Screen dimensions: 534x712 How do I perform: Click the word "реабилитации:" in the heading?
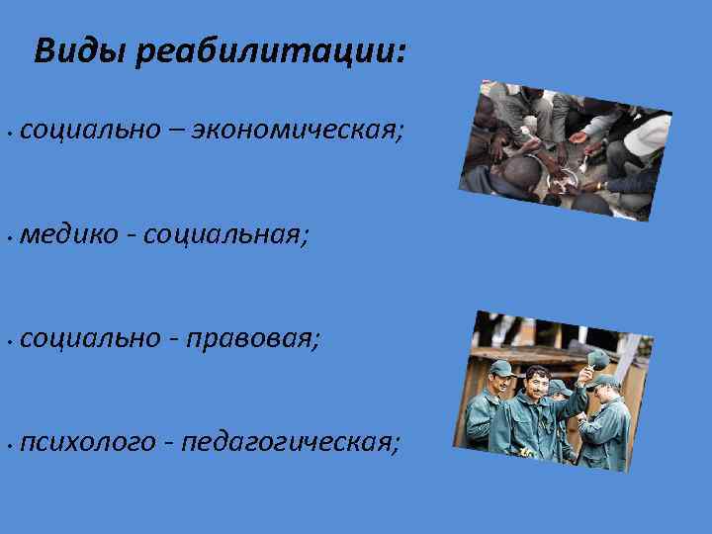(x=272, y=50)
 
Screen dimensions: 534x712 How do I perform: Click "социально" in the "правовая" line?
(x=88, y=338)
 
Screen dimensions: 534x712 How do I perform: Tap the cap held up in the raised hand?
(x=598, y=359)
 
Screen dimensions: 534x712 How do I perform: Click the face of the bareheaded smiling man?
(x=535, y=384)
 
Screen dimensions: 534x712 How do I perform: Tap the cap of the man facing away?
(x=605, y=381)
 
